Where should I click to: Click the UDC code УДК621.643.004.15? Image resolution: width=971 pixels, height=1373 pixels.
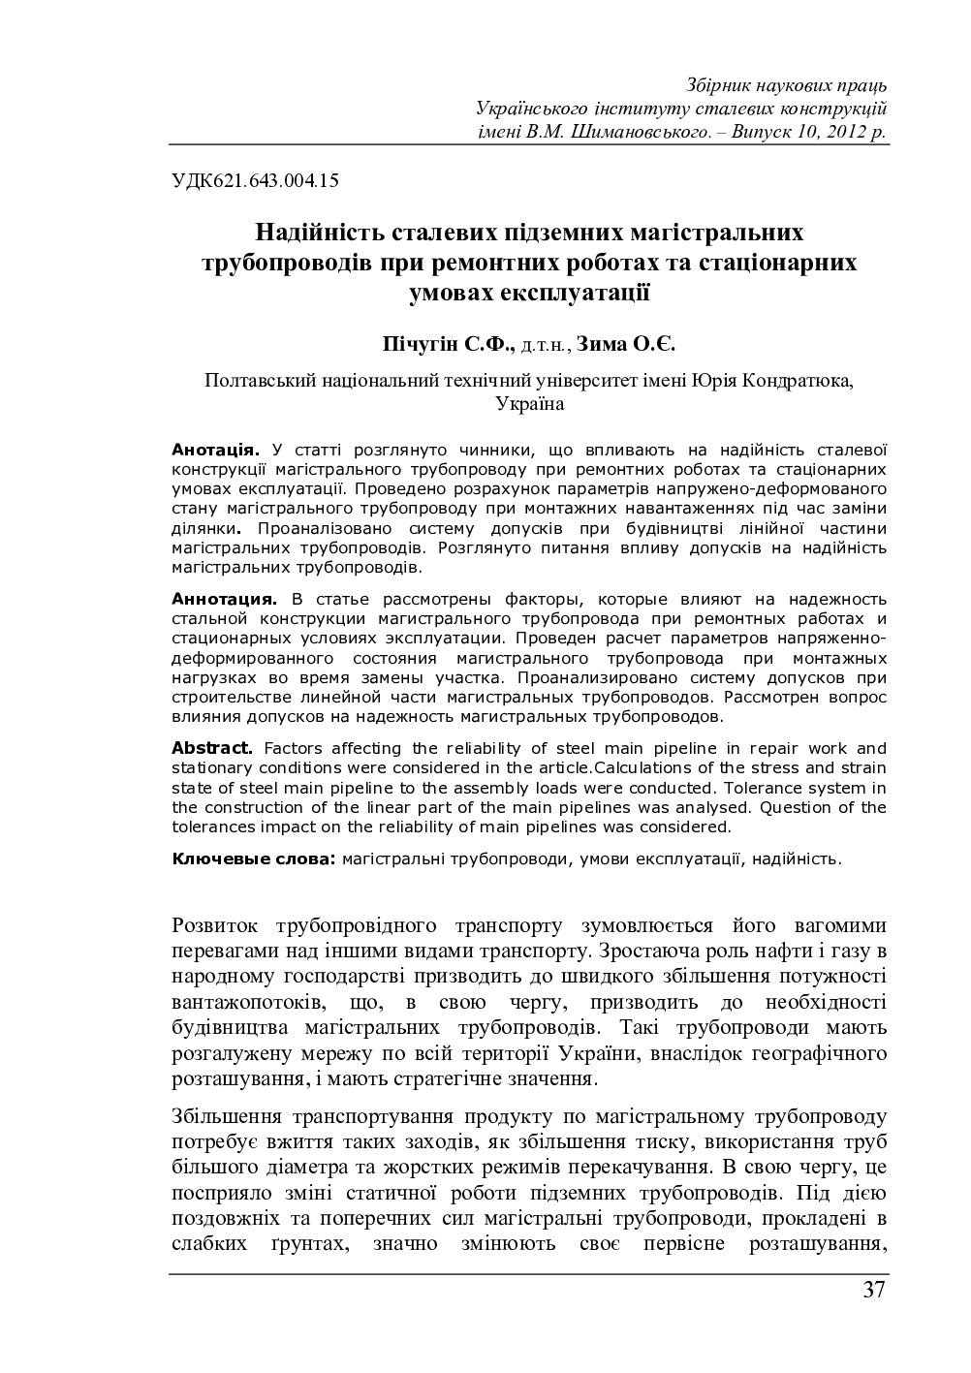(x=254, y=178)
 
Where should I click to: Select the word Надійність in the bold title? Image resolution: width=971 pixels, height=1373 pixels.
(x=319, y=234)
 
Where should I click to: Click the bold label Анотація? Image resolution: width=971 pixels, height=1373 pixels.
(x=215, y=450)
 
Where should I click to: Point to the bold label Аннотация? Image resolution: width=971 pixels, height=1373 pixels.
(x=224, y=599)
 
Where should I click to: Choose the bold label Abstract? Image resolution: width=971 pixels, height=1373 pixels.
(x=212, y=748)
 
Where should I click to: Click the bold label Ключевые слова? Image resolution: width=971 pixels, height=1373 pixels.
(x=254, y=858)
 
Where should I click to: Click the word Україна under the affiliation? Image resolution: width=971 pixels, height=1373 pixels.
(x=529, y=404)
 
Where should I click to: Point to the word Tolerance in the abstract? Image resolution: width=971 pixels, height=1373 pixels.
(x=793, y=787)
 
